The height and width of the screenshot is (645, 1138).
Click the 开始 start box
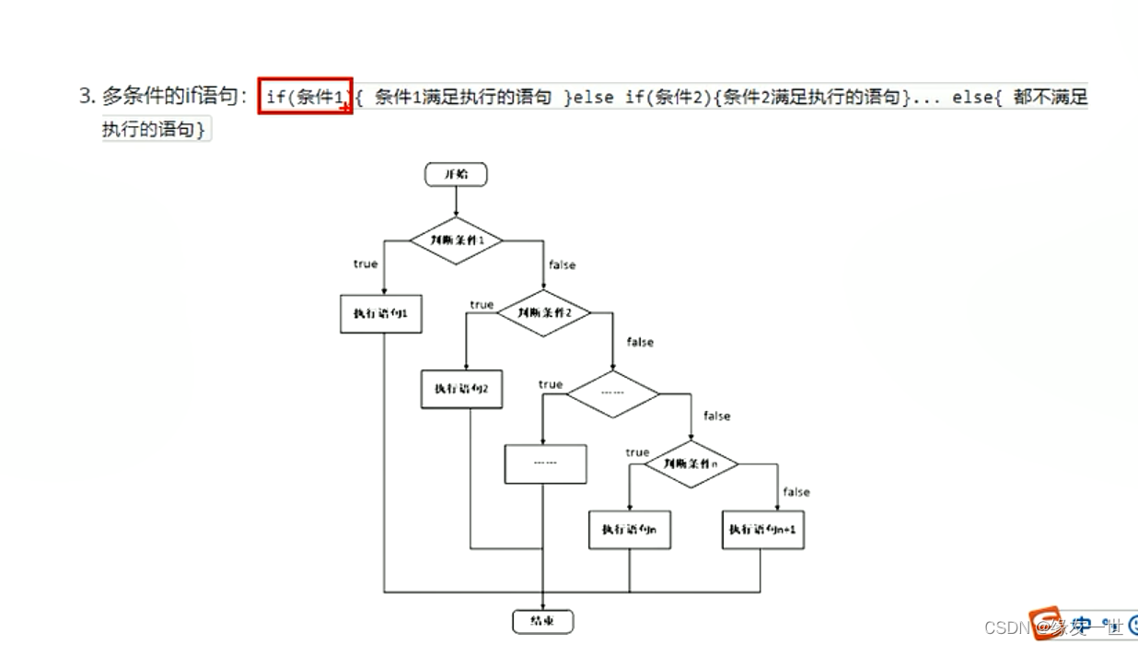(456, 174)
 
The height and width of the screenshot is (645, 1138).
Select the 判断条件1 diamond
(456, 241)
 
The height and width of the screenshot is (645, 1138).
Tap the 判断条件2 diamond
(544, 312)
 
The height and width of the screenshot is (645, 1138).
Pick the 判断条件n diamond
(691, 464)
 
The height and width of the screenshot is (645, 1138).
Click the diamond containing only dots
(612, 393)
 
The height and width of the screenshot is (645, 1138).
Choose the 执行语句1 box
(381, 314)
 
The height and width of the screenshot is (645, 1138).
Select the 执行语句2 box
(462, 389)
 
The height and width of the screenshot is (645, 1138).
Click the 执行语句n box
(630, 530)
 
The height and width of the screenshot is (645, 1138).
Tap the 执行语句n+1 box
(763, 530)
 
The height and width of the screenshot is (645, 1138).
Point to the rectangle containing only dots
(545, 463)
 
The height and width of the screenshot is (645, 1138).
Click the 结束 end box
(543, 620)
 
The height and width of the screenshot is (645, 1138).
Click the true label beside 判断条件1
(366, 264)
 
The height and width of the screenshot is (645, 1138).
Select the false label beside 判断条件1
(562, 265)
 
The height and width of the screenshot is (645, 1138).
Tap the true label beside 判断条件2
(482, 305)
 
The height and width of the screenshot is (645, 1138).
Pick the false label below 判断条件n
(796, 492)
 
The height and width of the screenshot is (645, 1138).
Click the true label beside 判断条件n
(637, 452)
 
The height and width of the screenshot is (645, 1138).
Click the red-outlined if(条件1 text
(305, 96)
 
